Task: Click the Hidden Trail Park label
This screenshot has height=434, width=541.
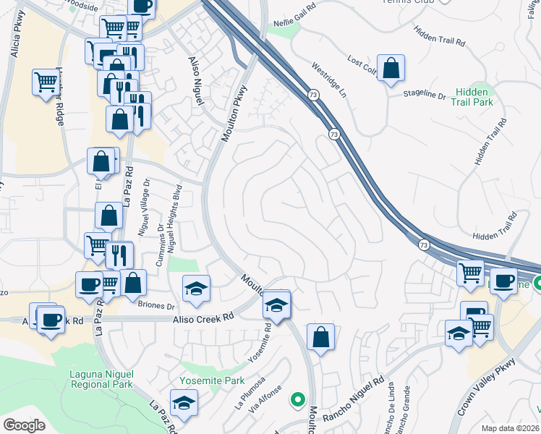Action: (474, 98)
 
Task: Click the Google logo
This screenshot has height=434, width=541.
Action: (24, 425)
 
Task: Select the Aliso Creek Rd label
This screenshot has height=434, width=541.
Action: (203, 317)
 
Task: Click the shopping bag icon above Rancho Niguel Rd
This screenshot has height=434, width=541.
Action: (320, 337)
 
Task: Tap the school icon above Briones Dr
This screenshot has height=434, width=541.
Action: (195, 289)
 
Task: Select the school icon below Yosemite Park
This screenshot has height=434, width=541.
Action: (184, 402)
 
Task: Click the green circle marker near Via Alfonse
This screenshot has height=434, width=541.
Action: (297, 399)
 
